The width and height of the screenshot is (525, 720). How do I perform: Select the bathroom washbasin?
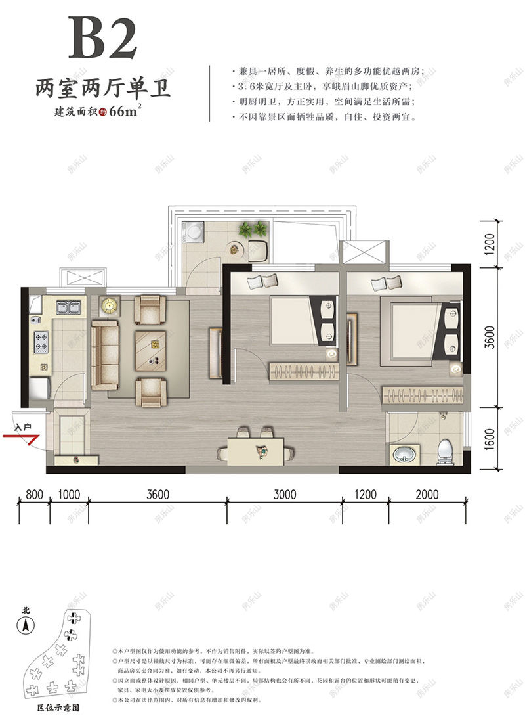[x=402, y=453]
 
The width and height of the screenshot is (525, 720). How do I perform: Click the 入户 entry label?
[x=24, y=426]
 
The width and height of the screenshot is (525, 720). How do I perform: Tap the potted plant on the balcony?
[x=252, y=229]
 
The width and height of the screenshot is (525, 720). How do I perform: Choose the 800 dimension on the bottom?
[x=35, y=494]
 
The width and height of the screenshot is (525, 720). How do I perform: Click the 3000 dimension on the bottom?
[x=285, y=494]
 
